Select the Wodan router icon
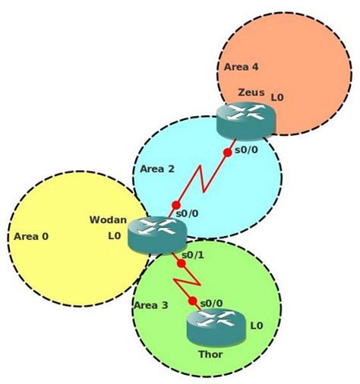153,234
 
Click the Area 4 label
242,68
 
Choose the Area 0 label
31,236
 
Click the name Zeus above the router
251,93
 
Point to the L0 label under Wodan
115,236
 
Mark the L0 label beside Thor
256,325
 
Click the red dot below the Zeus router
227,153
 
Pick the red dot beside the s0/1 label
182,263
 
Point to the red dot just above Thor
192,301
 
